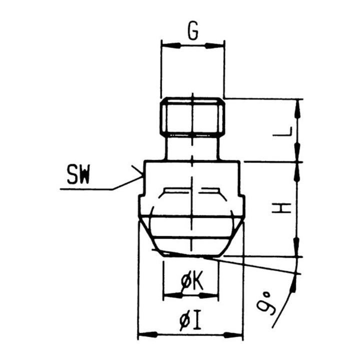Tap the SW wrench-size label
tap(78, 175)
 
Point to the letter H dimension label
tap(281, 208)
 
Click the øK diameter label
tap(192, 281)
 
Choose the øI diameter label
tap(190, 319)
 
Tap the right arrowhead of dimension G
tap(214, 46)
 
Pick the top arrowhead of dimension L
tap(298, 109)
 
